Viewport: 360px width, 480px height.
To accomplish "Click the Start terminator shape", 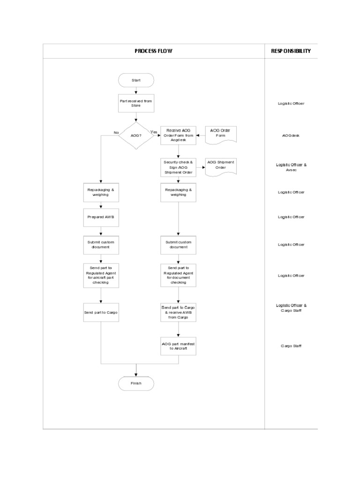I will [x=136, y=80].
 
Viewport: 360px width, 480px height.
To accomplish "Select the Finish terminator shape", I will [x=136, y=383].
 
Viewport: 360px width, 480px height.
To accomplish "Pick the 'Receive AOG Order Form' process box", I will [x=178, y=135].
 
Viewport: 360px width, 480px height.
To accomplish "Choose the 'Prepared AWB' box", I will [x=101, y=217].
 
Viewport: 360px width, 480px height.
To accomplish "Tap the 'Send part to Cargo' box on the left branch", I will [x=101, y=312].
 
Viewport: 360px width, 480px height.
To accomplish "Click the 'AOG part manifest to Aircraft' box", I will [x=178, y=346].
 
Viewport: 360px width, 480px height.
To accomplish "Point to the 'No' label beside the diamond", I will [x=116, y=133].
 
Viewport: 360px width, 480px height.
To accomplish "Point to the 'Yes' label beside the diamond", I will [x=154, y=132].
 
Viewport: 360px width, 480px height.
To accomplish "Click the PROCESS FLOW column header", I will [x=153, y=51].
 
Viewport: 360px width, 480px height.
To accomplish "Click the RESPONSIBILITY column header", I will [x=291, y=51].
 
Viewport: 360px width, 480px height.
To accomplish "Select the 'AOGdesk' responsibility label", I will [x=291, y=135].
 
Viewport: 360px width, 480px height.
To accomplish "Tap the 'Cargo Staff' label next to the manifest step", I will [x=291, y=346].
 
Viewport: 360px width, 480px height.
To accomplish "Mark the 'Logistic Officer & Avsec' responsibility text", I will [x=291, y=167].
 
